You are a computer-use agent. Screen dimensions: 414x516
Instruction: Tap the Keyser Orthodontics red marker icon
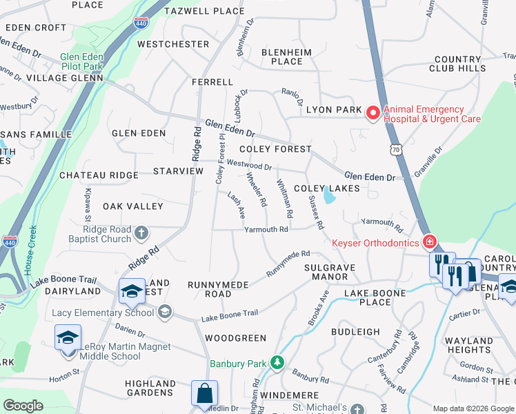coord(430,242)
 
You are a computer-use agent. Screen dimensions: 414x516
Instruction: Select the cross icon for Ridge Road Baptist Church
coord(141,233)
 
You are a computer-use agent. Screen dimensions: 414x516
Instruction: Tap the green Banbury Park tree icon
coord(277,362)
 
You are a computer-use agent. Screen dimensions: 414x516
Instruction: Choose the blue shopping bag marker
coord(204,394)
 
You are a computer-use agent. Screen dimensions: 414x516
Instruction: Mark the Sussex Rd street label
coord(315,213)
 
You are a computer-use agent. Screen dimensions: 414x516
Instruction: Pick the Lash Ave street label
coord(237,204)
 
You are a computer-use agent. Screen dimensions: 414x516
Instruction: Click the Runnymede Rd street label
coord(288,264)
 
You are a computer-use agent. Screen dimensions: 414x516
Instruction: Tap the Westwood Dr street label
coord(249,166)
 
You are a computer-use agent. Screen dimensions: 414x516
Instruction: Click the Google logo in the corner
coord(23,406)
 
